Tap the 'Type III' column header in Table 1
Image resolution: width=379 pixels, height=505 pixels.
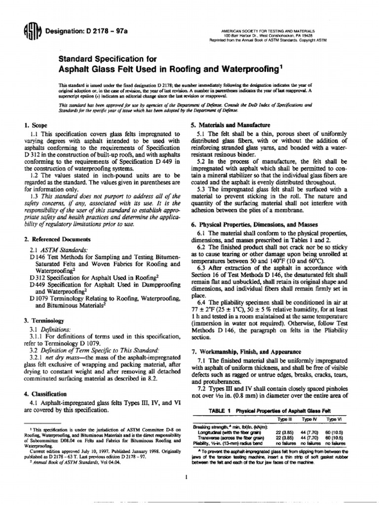pyautogui.click(x=286, y=419)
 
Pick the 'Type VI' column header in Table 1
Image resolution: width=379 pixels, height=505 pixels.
pyautogui.click(x=335, y=419)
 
